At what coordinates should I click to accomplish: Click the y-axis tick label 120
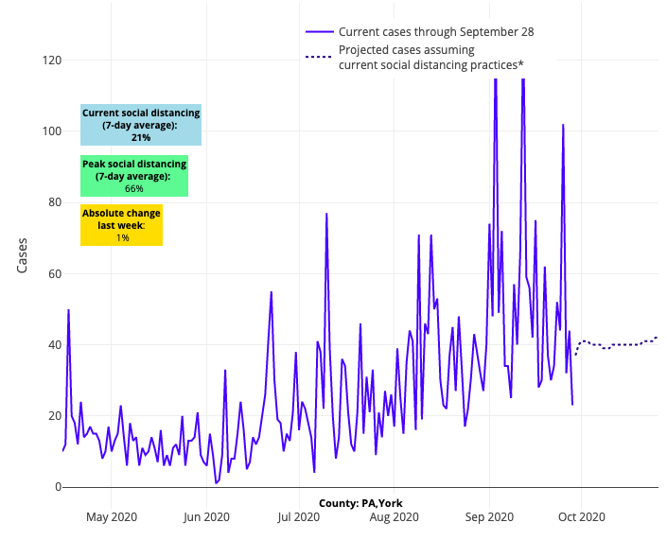pos(49,61)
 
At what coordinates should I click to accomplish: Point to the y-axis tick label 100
pos(49,131)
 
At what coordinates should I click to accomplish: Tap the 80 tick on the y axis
pos(52,202)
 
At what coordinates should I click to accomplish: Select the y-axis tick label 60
pos(52,274)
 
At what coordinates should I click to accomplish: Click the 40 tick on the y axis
pos(52,345)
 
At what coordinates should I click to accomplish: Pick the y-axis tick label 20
pos(52,416)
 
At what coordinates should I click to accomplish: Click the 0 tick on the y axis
pos(56,487)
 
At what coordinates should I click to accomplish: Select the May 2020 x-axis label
pos(112,516)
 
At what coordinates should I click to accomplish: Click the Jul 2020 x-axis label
pos(298,516)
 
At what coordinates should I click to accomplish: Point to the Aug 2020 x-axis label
pos(394,516)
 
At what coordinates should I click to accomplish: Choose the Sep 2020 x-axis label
pos(488,516)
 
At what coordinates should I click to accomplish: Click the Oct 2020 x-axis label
pos(580,516)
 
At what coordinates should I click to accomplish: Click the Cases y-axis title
pos(23,255)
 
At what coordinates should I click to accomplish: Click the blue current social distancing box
pos(141,125)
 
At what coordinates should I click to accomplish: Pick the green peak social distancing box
pos(134,177)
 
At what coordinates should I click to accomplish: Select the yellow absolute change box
pos(122,226)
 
